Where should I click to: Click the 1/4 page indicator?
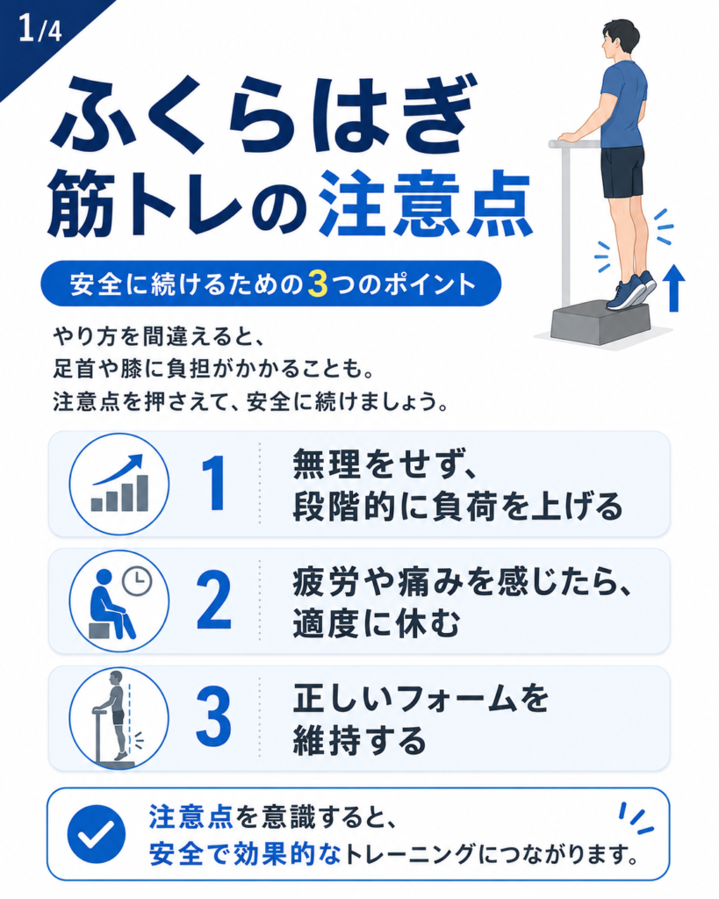click(x=40, y=29)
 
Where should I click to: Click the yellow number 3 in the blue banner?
click(x=317, y=284)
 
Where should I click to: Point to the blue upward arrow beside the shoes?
click(x=673, y=288)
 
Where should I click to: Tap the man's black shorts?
click(x=622, y=171)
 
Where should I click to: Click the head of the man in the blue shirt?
click(x=619, y=40)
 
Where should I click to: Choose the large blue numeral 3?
click(x=214, y=717)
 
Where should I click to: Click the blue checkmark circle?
click(x=97, y=834)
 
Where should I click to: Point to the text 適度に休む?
click(x=377, y=623)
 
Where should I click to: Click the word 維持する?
click(x=360, y=740)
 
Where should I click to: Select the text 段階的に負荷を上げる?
click(x=458, y=507)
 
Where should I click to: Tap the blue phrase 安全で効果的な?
click(x=245, y=855)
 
